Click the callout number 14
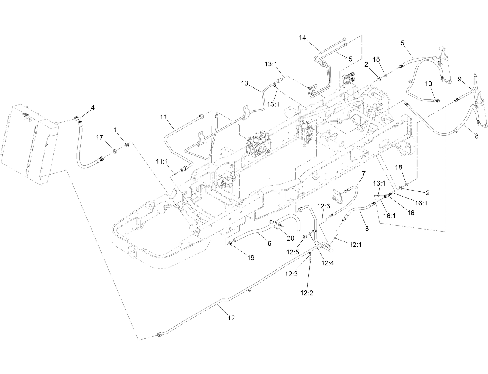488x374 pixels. (x=302, y=38)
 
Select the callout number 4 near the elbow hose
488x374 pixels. (x=93, y=108)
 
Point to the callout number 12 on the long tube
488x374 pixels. (x=231, y=318)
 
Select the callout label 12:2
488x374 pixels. (x=307, y=293)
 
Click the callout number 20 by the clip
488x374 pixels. (x=290, y=238)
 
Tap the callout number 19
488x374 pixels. (x=251, y=258)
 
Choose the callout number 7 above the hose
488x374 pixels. (x=363, y=173)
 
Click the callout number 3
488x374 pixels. (x=366, y=228)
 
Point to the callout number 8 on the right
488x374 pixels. (x=476, y=136)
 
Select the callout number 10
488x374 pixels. (x=429, y=84)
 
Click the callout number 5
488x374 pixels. (x=402, y=43)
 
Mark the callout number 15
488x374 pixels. (x=349, y=59)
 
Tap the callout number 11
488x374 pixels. (x=163, y=117)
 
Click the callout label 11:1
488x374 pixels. (x=162, y=161)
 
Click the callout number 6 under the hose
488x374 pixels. (x=269, y=243)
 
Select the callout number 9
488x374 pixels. (x=459, y=79)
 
